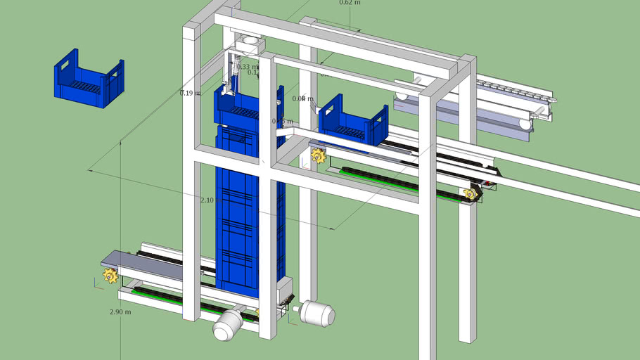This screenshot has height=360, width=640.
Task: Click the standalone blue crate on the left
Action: coord(89,82)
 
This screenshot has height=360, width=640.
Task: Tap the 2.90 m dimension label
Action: coord(120,311)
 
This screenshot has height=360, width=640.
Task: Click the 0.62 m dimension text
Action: coord(350,3)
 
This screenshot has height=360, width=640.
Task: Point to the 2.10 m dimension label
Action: coord(209,200)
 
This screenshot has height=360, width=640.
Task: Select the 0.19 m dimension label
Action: coord(189,93)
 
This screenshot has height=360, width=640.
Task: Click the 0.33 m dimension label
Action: coord(246,67)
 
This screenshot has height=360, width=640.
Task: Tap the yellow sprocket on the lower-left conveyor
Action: coord(110,275)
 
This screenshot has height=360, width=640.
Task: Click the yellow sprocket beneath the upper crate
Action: coord(319,155)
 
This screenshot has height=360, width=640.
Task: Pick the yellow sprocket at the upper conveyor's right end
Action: coord(470,193)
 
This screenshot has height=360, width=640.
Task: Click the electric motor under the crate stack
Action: coord(228,324)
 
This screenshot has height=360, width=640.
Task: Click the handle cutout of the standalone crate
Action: coord(68,67)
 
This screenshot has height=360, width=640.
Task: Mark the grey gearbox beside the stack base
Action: coord(284,290)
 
